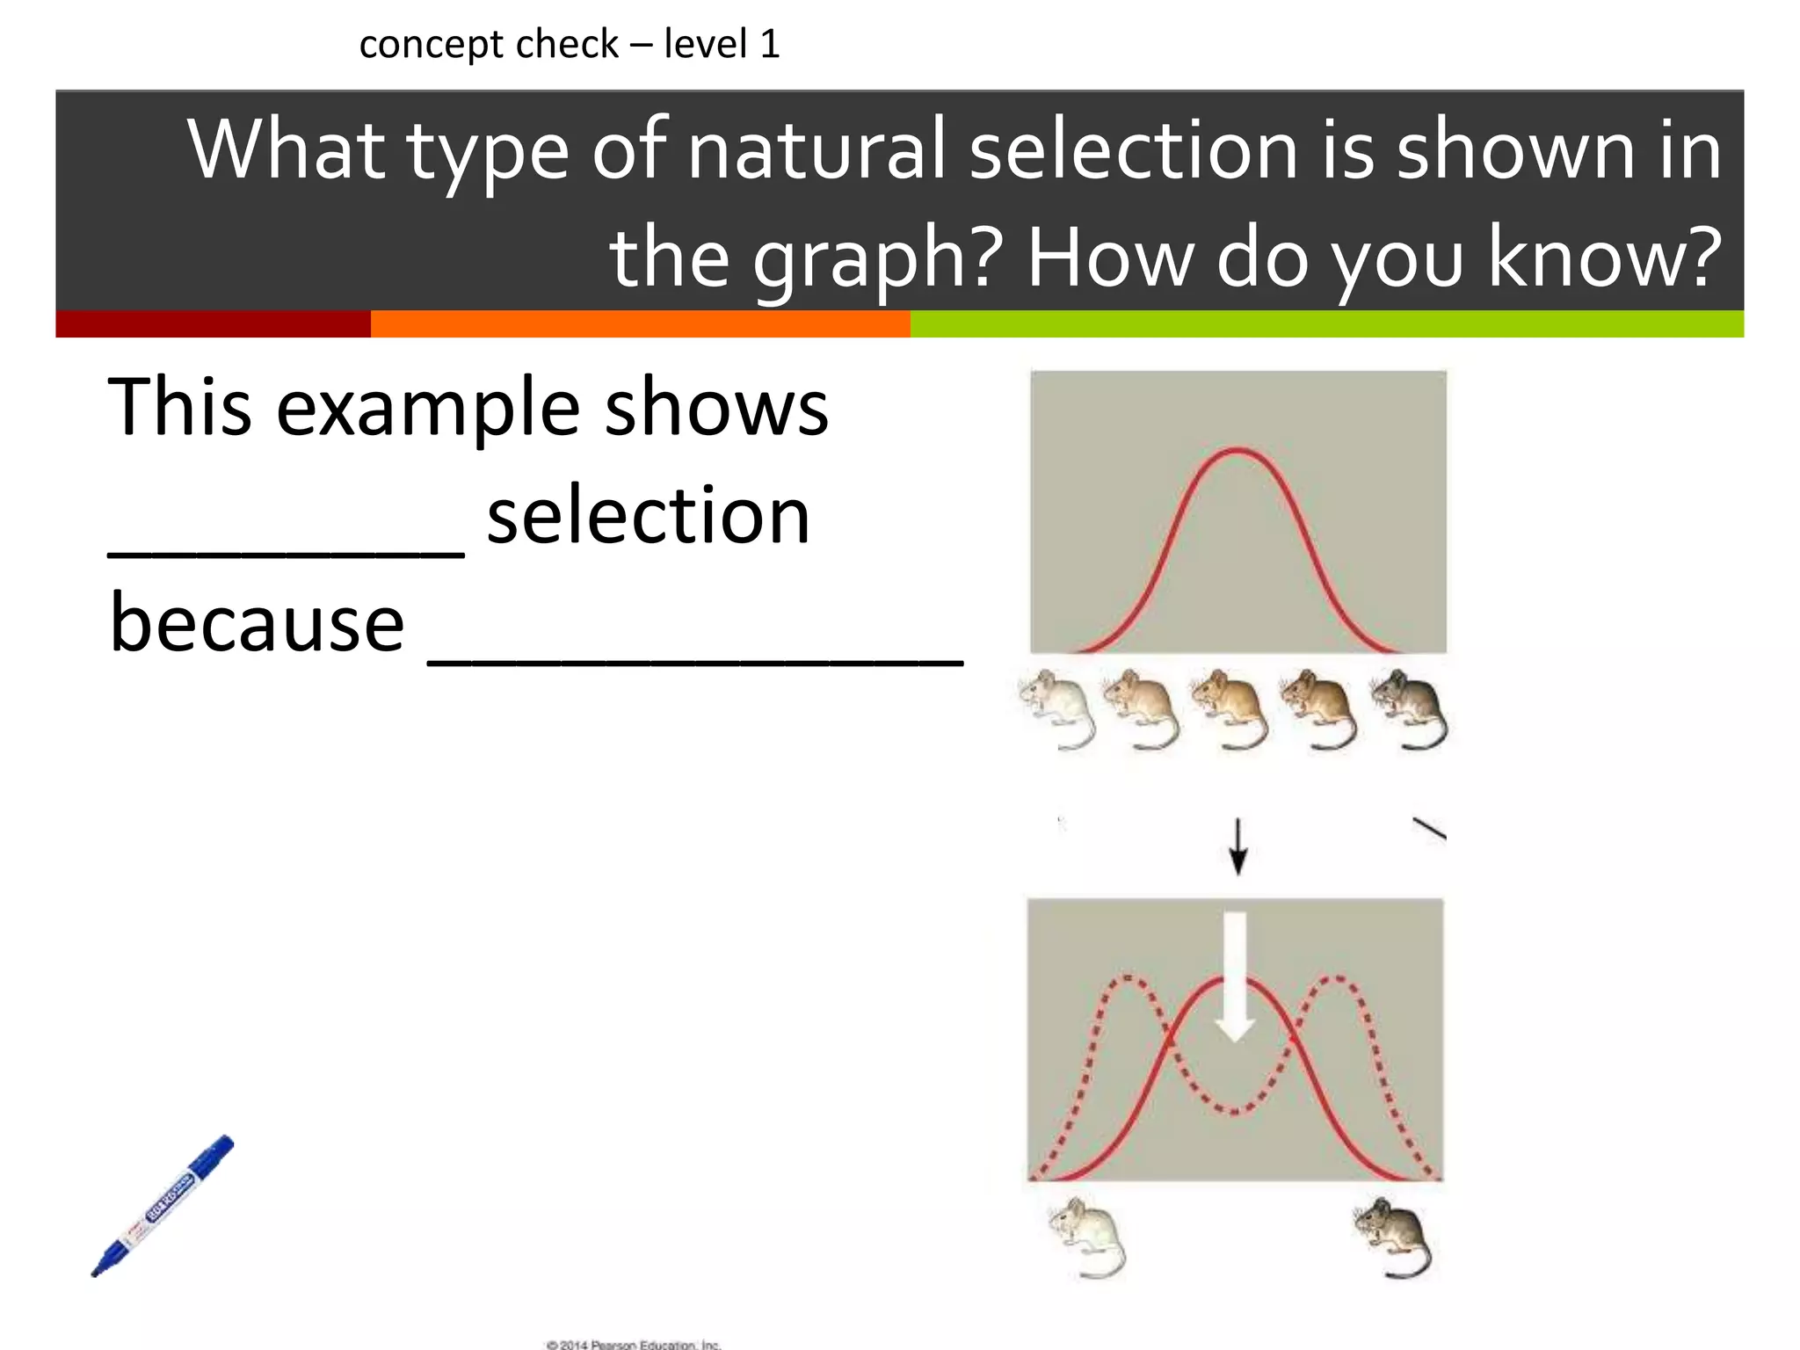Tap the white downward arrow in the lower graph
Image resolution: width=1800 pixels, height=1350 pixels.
(1235, 976)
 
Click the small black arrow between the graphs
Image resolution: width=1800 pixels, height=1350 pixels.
(1238, 846)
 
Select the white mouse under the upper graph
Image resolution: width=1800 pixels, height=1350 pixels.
(1057, 708)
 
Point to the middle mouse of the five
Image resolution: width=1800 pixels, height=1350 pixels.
(1230, 708)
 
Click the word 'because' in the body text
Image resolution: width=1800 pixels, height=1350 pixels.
(257, 624)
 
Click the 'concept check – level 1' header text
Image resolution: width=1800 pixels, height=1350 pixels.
(570, 44)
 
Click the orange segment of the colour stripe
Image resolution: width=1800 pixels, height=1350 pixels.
(640, 323)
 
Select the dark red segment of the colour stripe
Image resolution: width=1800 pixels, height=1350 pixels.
(213, 323)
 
